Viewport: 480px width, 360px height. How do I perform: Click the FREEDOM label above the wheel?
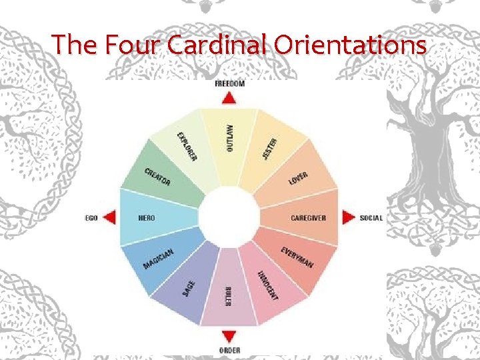pyautogui.click(x=229, y=84)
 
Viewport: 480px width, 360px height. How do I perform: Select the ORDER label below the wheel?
pyautogui.click(x=229, y=350)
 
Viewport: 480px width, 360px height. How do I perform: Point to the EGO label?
pyautogui.click(x=92, y=218)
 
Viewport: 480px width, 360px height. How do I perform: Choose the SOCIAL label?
pyautogui.click(x=371, y=218)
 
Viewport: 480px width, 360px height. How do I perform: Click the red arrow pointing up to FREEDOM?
pyautogui.click(x=229, y=97)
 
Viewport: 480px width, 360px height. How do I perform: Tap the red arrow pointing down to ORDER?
pyautogui.click(x=229, y=337)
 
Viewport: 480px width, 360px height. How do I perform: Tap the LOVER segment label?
pyautogui.click(x=298, y=179)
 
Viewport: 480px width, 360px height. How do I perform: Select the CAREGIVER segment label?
pyautogui.click(x=309, y=218)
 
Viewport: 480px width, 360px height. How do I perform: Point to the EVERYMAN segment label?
pyautogui.click(x=297, y=257)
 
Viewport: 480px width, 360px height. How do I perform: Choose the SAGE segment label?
pyautogui.click(x=189, y=288)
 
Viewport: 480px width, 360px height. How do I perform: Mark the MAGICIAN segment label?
pyautogui.click(x=159, y=259)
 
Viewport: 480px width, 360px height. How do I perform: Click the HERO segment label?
pyautogui.click(x=147, y=218)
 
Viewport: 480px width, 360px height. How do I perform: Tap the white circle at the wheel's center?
pyautogui.click(x=229, y=217)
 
